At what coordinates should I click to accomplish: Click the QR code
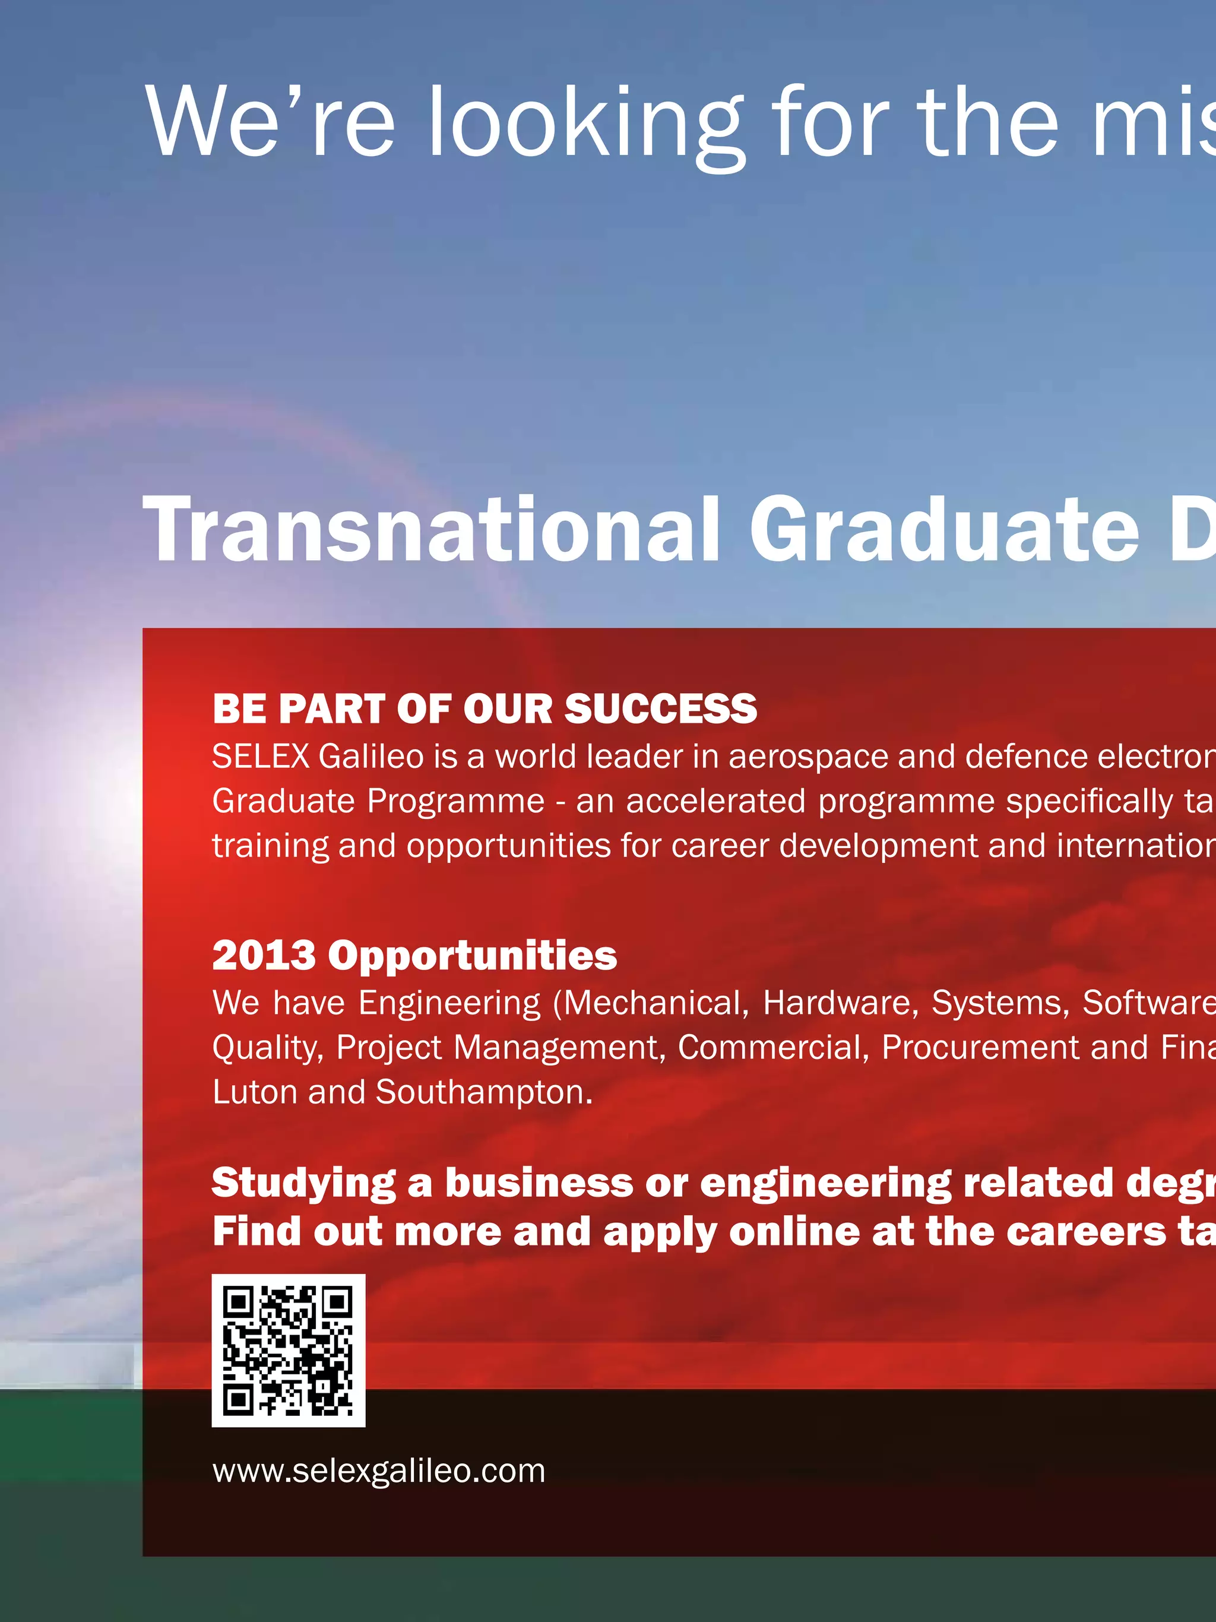pos(288,1351)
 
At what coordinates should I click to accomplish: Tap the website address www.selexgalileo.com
pos(379,1471)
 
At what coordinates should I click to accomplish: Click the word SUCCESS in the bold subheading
pos(660,709)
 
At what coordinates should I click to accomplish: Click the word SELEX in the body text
pos(260,756)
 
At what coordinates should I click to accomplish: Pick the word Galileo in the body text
pos(371,756)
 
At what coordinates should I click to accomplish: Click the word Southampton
pos(484,1093)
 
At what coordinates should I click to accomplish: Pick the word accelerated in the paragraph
pos(715,801)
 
